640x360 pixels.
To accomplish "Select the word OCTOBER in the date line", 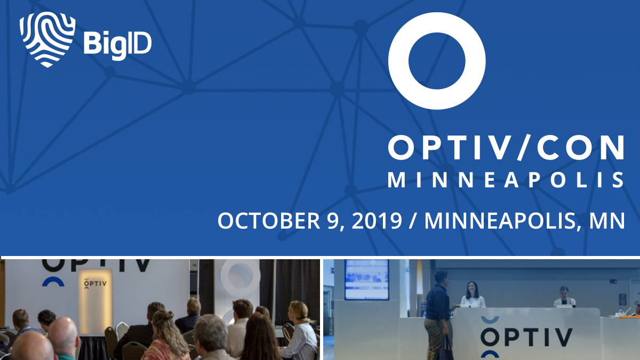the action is coord(269,221).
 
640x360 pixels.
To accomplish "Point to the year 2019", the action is coord(377,221).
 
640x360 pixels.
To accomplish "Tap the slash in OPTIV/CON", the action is coord(523,147).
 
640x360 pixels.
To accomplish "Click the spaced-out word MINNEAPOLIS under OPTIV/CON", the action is coord(506,180).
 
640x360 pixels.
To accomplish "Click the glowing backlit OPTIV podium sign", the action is coord(95,301).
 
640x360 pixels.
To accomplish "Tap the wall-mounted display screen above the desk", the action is coord(366,279).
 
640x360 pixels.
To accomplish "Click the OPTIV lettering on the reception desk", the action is coord(526,338).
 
